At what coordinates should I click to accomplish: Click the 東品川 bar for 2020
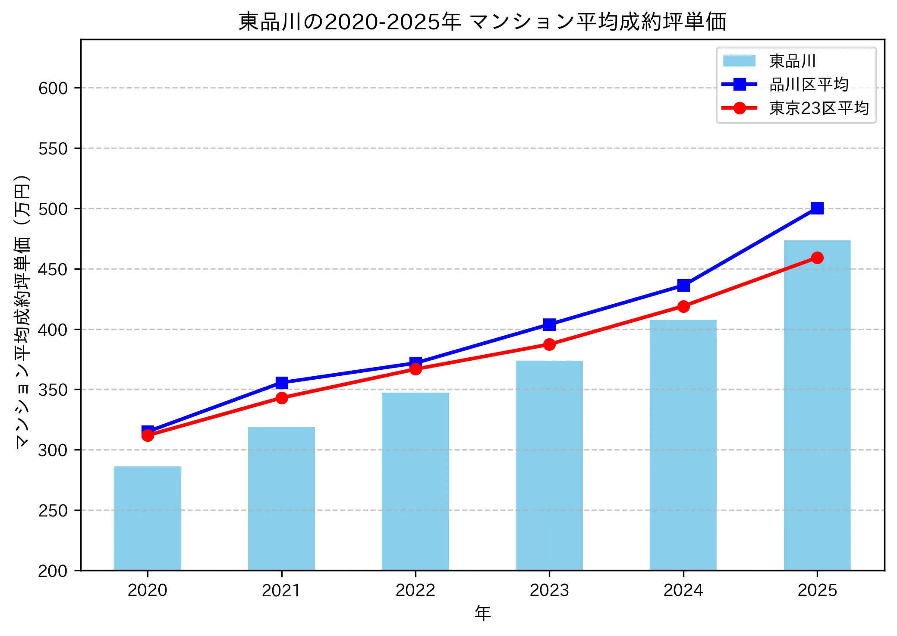[x=148, y=518]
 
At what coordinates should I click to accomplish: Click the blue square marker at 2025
[x=817, y=208]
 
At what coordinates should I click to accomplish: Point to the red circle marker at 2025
[x=817, y=258]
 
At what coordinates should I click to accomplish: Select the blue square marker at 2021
[x=282, y=383]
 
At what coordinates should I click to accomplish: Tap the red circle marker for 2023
[x=549, y=344]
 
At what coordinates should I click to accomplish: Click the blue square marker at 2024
[x=683, y=286]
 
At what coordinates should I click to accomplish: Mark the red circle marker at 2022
[x=415, y=369]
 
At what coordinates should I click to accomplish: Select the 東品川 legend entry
[x=792, y=61]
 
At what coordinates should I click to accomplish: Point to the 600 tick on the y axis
[x=53, y=88]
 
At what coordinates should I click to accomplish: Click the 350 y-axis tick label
[x=53, y=390]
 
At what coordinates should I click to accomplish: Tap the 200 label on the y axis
[x=53, y=571]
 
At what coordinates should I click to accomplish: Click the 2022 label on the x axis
[x=415, y=590]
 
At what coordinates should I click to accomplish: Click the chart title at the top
[x=482, y=22]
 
